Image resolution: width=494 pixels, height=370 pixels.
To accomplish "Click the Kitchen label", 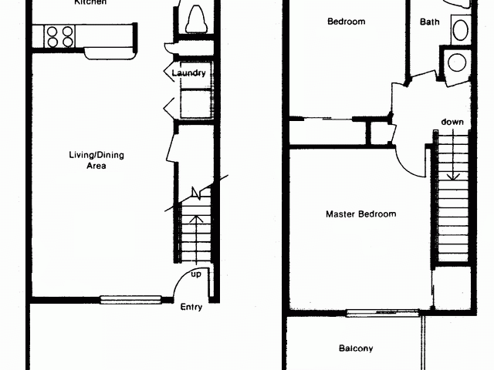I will [90, 3].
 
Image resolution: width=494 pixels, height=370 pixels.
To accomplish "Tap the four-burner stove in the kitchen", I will [60, 36].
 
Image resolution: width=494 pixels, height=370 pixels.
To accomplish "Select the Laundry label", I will [189, 73].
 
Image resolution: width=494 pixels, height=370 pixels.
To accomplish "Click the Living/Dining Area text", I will [96, 160].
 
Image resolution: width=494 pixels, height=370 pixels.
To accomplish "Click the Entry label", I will [191, 308].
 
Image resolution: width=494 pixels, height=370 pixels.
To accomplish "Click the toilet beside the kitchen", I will [195, 17].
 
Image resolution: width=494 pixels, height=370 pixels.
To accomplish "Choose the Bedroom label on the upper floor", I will [346, 22].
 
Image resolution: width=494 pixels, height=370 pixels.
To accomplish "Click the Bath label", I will [430, 22].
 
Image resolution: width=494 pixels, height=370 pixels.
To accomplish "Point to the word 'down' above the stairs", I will [452, 122].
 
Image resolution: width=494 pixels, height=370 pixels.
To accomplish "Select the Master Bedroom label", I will [360, 214].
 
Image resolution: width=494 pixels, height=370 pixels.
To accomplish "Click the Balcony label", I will [356, 348].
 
